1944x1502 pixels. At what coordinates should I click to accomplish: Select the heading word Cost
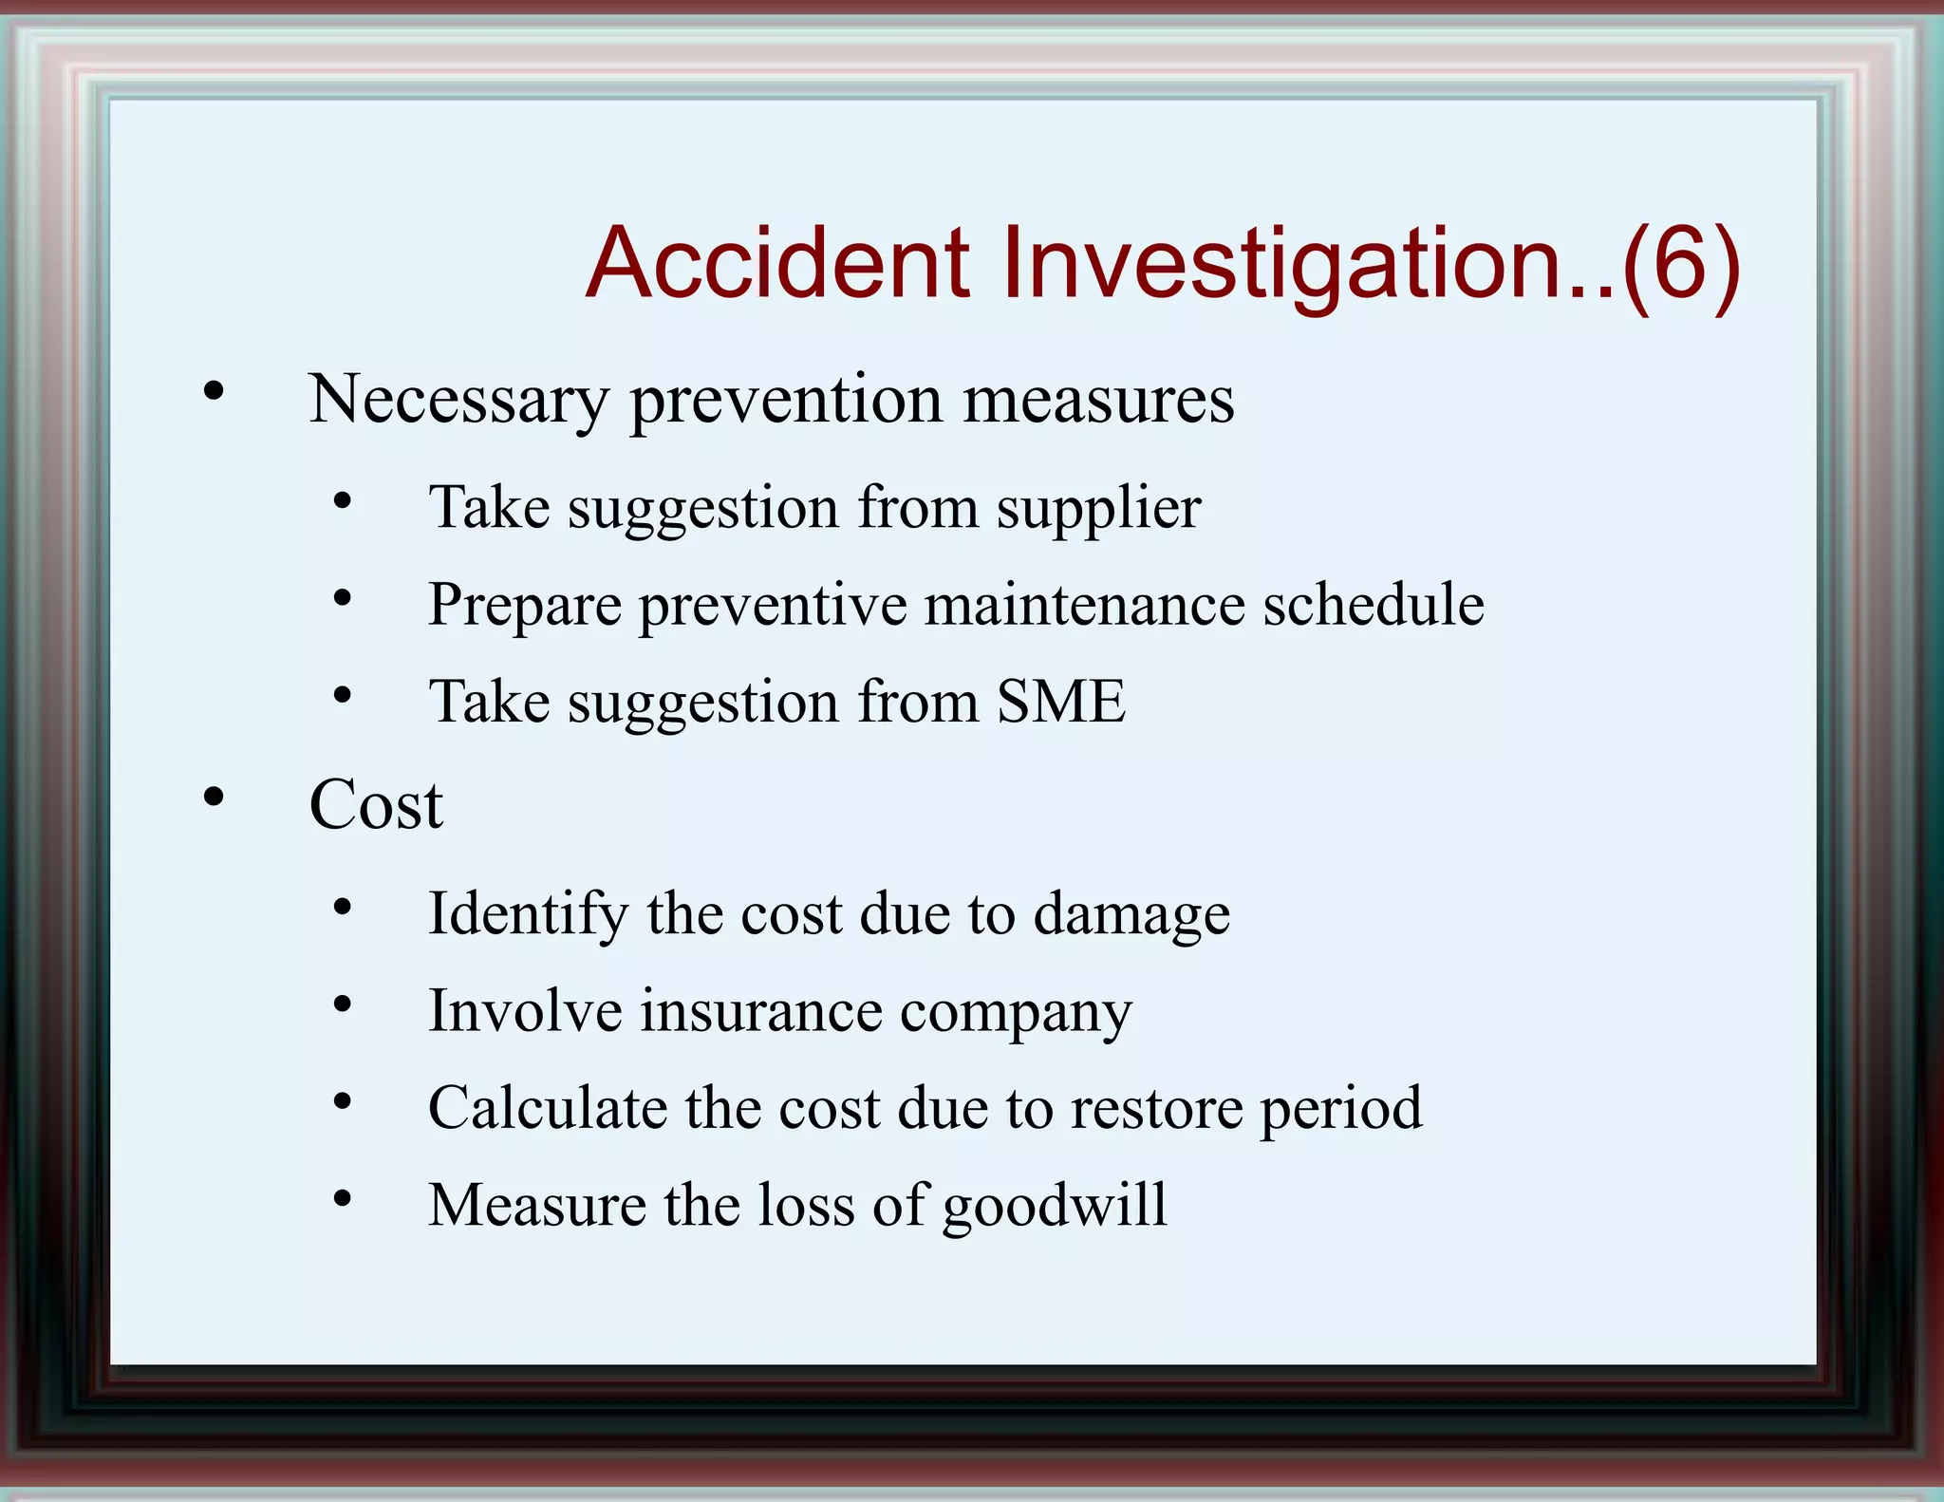pos(376,805)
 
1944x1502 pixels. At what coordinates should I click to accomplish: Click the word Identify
pos(528,915)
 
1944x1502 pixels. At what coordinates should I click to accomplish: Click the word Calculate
pos(548,1108)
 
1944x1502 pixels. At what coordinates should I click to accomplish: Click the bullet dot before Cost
pos(214,797)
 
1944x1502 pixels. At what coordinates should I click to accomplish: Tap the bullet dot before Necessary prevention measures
pos(214,390)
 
